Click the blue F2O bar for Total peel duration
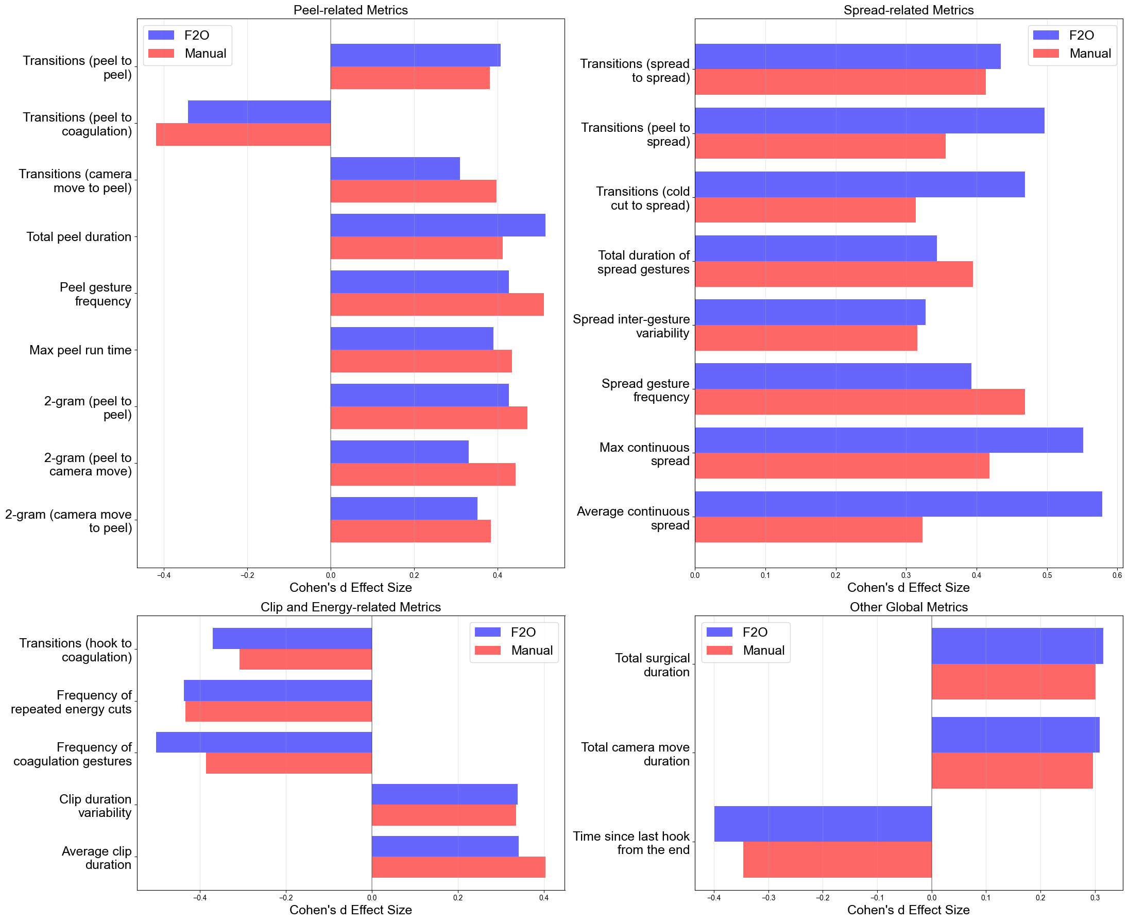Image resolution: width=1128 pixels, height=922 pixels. [x=438, y=225]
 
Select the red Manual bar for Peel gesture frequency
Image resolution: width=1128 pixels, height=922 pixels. [x=437, y=304]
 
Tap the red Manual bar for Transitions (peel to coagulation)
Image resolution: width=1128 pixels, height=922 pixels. [x=243, y=134]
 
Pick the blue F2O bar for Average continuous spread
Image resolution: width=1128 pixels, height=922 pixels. [x=898, y=504]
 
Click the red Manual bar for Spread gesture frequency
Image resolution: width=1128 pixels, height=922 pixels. [x=859, y=402]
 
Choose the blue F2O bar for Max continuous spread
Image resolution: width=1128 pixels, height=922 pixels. [x=888, y=440]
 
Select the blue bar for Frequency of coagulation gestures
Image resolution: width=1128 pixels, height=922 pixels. [x=264, y=742]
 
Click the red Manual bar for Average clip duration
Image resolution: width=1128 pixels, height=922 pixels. [x=458, y=867]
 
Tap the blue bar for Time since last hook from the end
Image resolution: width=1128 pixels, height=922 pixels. [x=823, y=824]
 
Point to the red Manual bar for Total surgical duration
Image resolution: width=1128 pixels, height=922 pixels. [x=1013, y=681]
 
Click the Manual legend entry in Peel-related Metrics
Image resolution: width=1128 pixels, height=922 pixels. [x=205, y=54]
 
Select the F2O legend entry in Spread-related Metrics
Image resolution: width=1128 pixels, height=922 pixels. [x=1081, y=36]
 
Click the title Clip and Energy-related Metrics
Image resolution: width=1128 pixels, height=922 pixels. [x=351, y=607]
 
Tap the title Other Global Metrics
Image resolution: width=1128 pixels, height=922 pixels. [x=908, y=607]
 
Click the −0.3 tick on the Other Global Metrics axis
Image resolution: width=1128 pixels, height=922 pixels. [x=768, y=898]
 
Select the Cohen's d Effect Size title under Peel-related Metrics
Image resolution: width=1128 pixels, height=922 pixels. [x=351, y=587]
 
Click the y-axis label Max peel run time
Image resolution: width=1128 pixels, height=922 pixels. [x=80, y=350]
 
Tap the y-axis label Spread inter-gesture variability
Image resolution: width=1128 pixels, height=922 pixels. [x=631, y=326]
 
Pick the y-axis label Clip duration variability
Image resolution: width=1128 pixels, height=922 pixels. [x=96, y=806]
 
